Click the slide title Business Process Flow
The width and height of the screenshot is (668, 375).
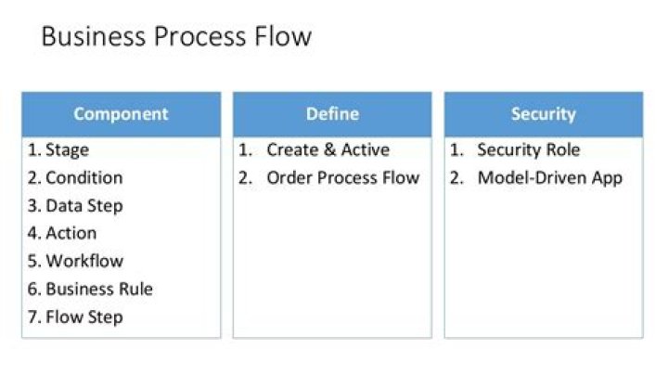coord(176,36)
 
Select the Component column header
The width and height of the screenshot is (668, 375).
coord(121,114)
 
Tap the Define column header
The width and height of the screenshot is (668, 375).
coord(332,114)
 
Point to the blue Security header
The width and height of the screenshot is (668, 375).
coord(544,114)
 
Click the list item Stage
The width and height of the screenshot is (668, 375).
coord(68,150)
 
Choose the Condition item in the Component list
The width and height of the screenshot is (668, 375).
coord(84,177)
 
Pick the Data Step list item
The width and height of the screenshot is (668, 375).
coord(84,206)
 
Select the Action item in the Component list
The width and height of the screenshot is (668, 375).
coord(71,233)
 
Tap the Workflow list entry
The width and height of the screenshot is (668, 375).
coord(84,261)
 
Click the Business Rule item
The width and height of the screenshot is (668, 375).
coord(99,289)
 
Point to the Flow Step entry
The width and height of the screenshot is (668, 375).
coord(84,317)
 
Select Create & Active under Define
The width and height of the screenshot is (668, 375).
coord(328,150)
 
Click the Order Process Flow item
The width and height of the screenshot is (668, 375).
coord(343,177)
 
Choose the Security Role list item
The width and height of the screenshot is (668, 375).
coord(529,150)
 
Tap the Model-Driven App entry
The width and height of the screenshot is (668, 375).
coord(550,178)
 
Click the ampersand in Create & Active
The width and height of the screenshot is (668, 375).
coord(329,150)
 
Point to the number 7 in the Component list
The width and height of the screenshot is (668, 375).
coord(32,317)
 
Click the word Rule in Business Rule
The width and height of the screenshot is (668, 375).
coord(135,289)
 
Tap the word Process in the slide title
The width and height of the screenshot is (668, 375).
coord(199,36)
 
